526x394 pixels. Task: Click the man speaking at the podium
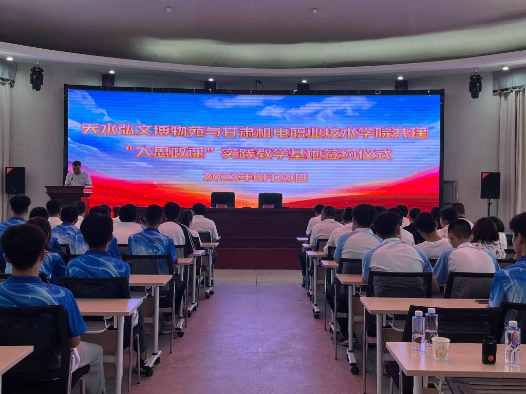[78, 174]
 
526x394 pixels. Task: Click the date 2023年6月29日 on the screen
[255, 177]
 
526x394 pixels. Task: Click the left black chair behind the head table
[223, 200]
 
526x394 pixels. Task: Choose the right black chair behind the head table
[270, 201]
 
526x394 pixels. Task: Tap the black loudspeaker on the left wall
[15, 180]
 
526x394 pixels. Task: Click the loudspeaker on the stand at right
[490, 186]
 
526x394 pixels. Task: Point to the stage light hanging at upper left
[36, 77]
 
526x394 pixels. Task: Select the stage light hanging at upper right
[475, 85]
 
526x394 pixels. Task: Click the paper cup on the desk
[440, 348]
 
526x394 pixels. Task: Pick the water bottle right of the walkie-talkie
[513, 343]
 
